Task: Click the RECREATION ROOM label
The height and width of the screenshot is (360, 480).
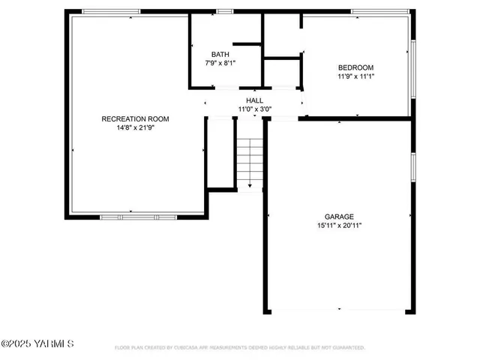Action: point(136,118)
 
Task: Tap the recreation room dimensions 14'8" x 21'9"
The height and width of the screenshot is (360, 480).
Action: point(136,127)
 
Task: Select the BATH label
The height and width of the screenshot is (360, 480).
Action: point(220,54)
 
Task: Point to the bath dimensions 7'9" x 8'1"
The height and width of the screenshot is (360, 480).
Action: point(220,63)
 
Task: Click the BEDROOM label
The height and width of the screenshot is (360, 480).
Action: point(355,67)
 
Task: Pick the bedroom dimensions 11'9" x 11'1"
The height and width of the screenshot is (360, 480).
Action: point(355,76)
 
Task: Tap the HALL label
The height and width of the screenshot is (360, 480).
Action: point(255,100)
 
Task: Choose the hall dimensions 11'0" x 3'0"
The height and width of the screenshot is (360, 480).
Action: point(255,109)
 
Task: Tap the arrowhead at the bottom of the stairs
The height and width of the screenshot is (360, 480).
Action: point(250,187)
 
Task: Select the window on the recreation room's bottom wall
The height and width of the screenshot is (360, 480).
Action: point(138,217)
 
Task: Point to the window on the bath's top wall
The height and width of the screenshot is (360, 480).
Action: point(223,11)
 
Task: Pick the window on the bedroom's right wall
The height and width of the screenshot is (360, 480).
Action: point(412,67)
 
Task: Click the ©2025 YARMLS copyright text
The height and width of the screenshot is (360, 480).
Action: point(37,344)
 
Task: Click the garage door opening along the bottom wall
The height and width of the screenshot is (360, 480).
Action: point(339,310)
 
